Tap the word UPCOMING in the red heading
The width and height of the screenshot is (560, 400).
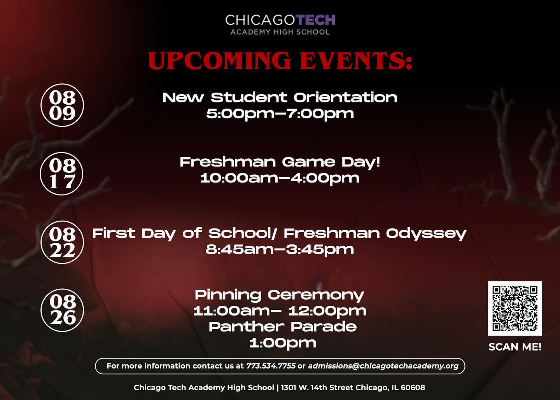(x=219, y=61)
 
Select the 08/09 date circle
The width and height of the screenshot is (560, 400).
(x=62, y=105)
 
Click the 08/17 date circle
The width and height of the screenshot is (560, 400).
(x=62, y=174)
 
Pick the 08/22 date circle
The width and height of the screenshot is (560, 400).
(x=62, y=242)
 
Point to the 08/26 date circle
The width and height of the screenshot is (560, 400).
(x=63, y=310)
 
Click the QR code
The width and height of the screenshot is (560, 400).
(x=515, y=309)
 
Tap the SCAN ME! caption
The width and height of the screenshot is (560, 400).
(x=515, y=347)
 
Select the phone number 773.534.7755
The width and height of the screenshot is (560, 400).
(x=271, y=366)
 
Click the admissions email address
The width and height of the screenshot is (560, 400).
(x=383, y=366)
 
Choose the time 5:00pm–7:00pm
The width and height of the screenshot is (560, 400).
(x=280, y=114)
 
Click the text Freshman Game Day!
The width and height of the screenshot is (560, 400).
(x=280, y=162)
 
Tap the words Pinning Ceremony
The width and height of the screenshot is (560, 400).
(x=280, y=295)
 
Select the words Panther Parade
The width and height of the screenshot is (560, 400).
(x=283, y=327)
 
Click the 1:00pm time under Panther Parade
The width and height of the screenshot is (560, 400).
(x=283, y=343)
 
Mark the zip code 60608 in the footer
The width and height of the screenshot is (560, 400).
(x=413, y=388)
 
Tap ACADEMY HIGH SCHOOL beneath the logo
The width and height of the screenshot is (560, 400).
(x=280, y=32)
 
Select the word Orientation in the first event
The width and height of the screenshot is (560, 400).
(x=345, y=98)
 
